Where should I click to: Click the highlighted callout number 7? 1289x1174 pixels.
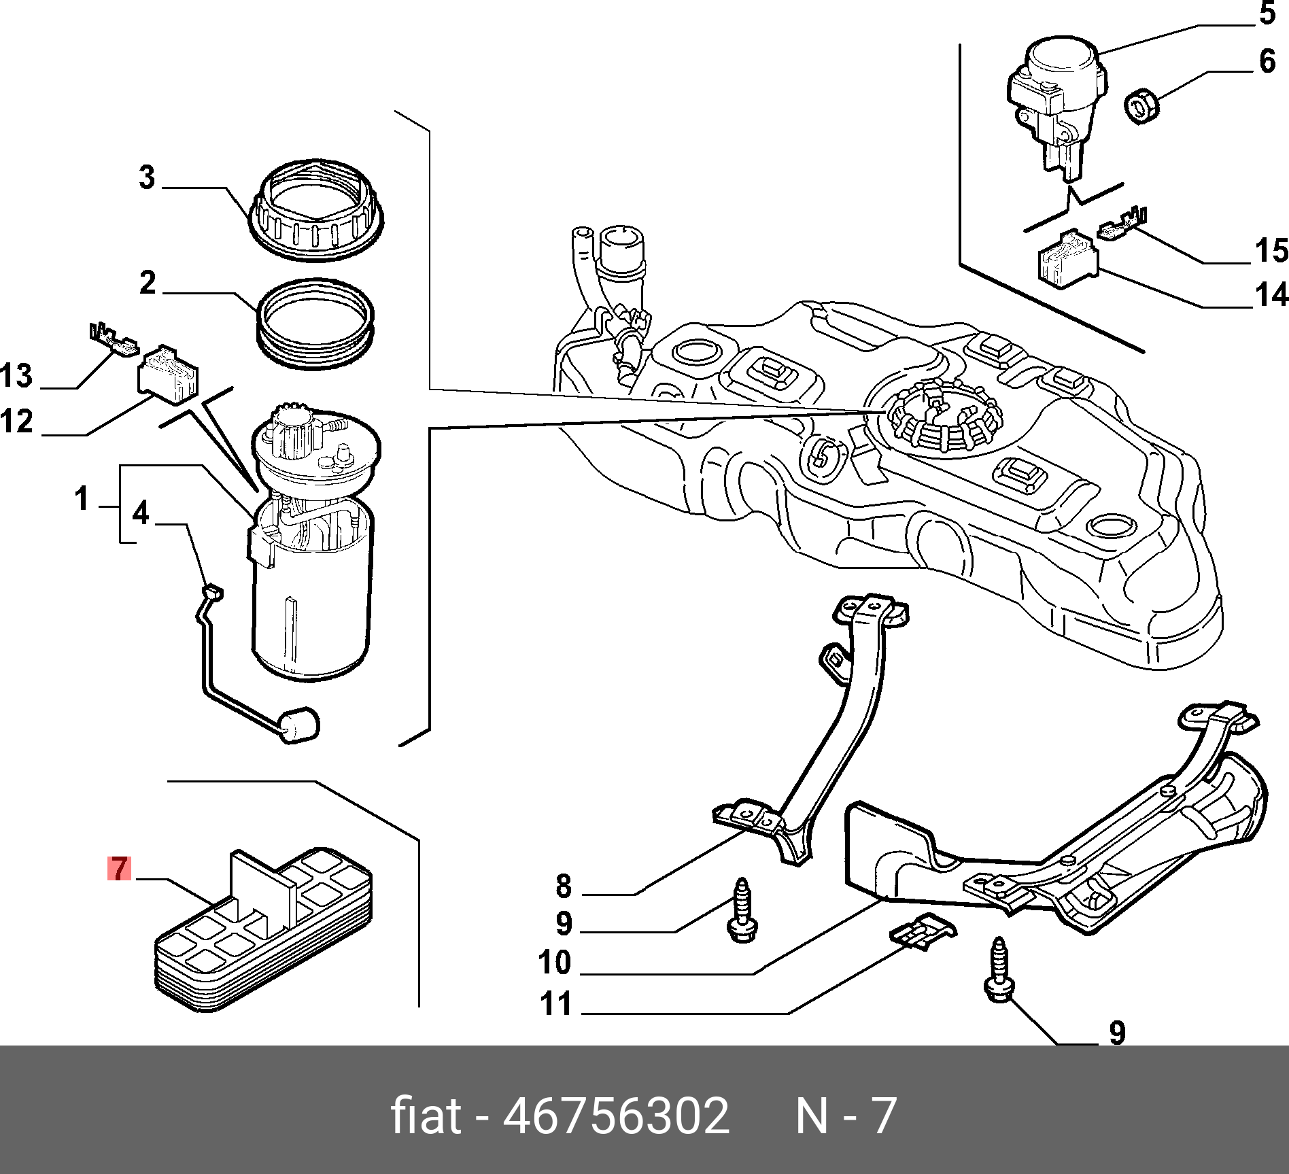click(119, 868)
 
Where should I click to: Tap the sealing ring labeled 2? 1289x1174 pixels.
click(315, 324)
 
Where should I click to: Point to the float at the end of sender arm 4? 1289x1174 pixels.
click(299, 725)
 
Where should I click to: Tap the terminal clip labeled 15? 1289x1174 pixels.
click(1122, 225)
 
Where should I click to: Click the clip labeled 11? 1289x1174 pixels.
click(924, 929)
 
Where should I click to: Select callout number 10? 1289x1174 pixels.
click(555, 962)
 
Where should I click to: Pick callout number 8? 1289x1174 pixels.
click(564, 886)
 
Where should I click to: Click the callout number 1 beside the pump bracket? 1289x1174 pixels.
click(82, 498)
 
